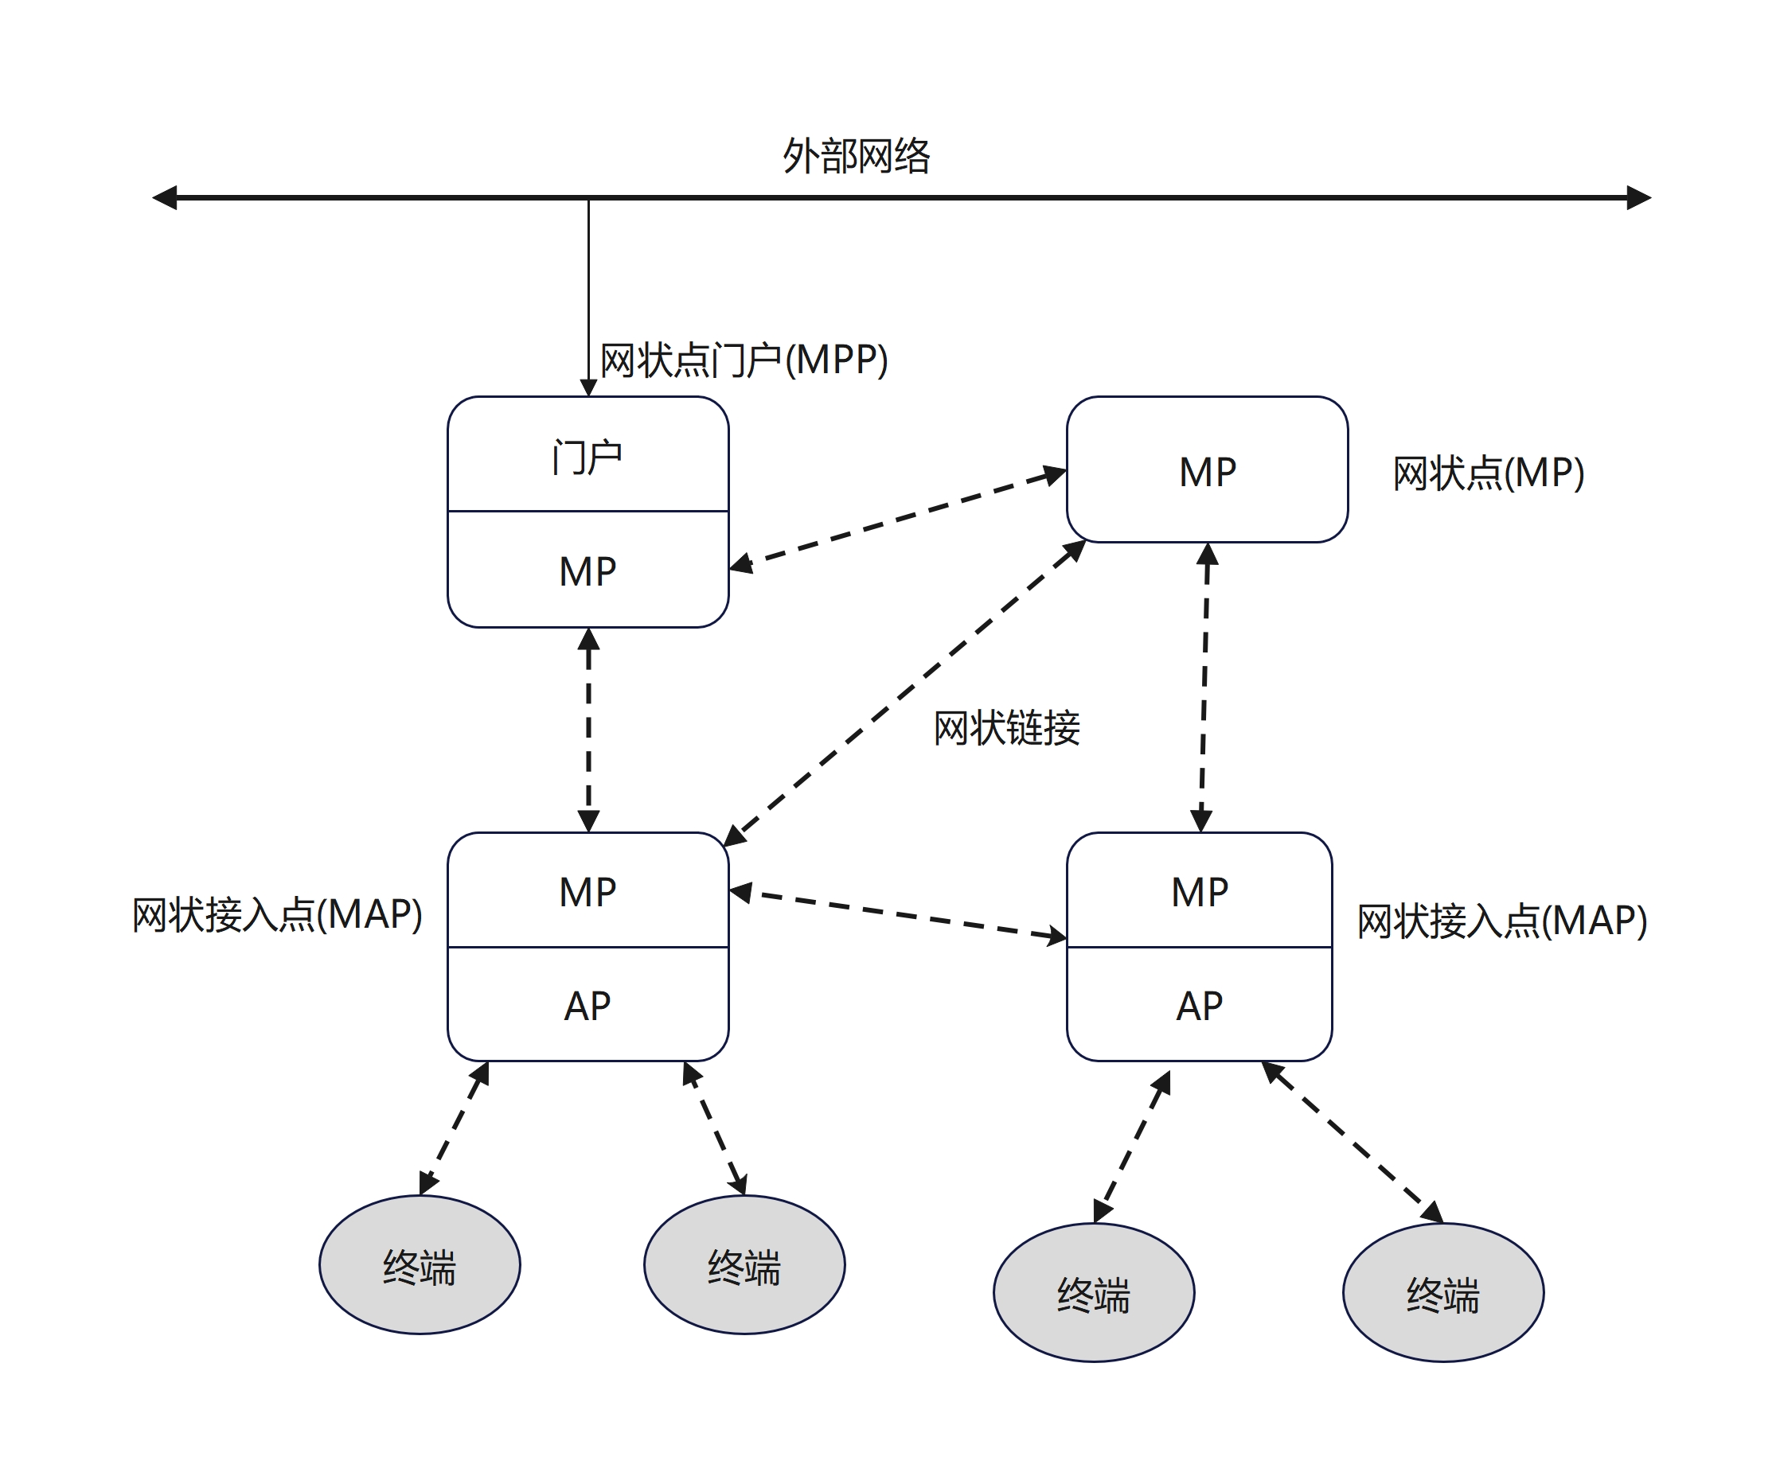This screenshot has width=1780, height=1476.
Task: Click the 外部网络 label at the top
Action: coord(856,157)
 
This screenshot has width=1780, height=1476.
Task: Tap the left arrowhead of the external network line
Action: coord(165,197)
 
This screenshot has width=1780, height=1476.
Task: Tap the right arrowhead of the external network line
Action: coord(1638,197)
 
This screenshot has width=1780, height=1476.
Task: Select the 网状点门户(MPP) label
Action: coord(744,360)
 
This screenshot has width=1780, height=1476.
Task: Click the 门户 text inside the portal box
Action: coord(587,458)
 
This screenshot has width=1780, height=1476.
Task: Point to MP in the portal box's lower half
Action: coord(587,571)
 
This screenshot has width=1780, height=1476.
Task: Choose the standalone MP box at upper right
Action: coord(1207,470)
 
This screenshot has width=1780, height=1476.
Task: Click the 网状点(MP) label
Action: coord(1489,473)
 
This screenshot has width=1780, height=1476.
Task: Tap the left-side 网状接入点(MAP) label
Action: coord(277,915)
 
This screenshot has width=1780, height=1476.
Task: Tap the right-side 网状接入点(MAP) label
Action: coord(1502,921)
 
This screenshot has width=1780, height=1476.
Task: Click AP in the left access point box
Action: coord(587,1007)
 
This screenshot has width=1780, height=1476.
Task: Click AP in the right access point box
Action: coord(1200,1007)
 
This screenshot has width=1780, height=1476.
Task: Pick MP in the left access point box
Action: coord(587,892)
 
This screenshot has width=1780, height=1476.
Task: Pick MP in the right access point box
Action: coord(1200,892)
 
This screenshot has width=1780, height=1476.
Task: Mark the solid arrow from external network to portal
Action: coord(588,297)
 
